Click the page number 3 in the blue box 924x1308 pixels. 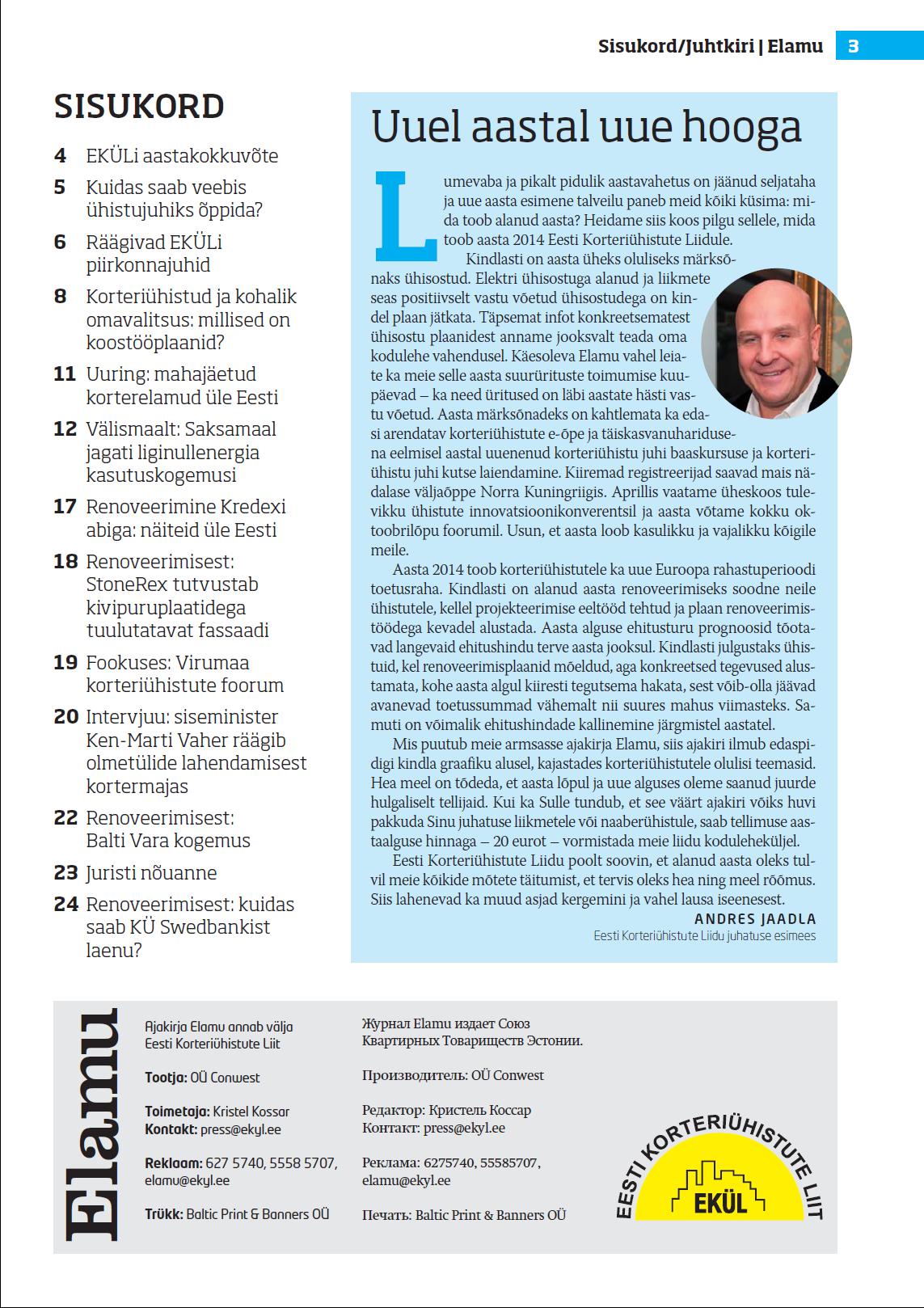point(853,47)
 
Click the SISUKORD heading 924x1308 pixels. point(139,107)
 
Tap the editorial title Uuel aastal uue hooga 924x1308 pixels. point(586,127)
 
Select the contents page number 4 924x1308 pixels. point(61,156)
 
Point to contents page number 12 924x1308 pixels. point(65,429)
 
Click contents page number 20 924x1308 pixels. point(65,717)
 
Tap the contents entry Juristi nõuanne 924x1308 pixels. point(151,873)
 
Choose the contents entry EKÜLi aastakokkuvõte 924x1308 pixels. point(182,156)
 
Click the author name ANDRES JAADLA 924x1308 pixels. point(755,919)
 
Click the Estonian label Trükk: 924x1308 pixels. point(164,1214)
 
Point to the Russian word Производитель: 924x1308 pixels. point(414,1076)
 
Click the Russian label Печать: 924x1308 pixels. point(386,1215)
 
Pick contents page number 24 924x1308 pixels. point(65,905)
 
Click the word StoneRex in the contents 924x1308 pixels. point(126,584)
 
